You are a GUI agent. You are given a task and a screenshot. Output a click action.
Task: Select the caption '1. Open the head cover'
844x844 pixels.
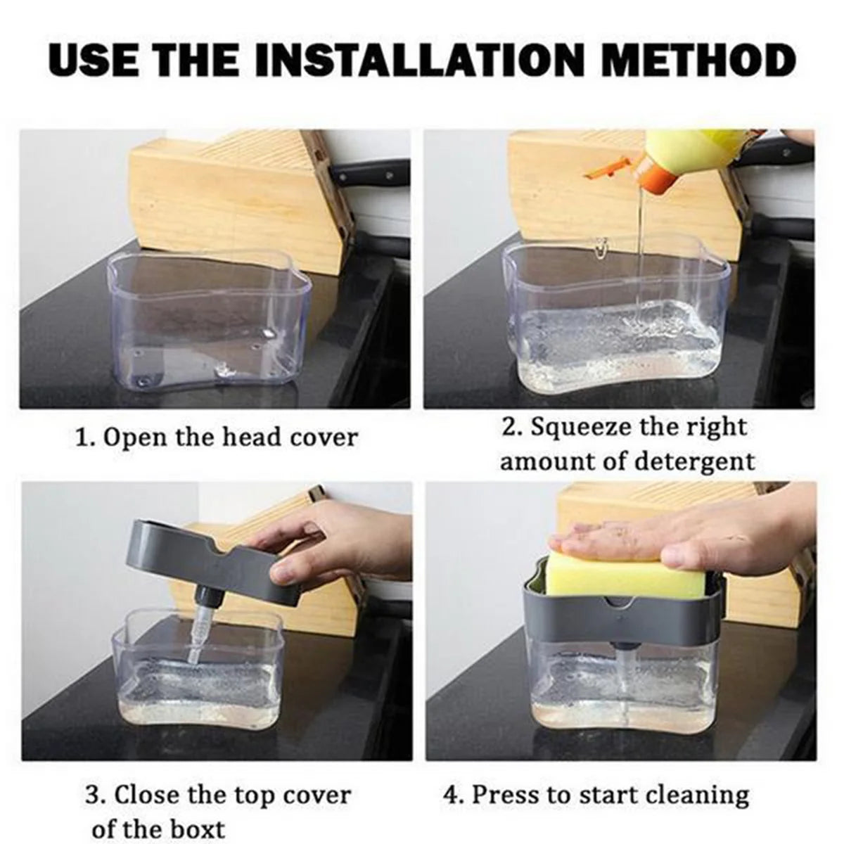[216, 437]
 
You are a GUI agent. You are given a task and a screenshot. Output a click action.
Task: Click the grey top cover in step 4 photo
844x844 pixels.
[619, 612]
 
